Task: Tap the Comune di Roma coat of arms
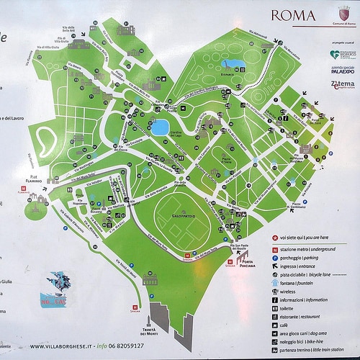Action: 344,14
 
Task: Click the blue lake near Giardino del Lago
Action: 160,128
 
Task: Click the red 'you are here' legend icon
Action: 274,237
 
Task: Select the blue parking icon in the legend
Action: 274,257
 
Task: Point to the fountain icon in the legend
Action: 274,283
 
